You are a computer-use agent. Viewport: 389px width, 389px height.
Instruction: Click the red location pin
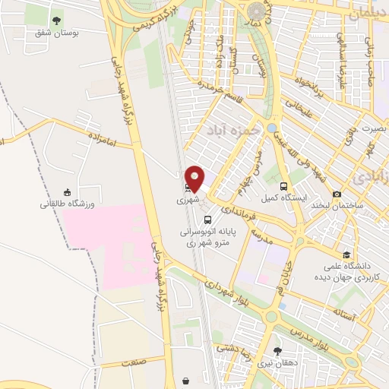(195, 178)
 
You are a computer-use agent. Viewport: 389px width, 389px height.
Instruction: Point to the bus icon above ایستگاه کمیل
(283, 186)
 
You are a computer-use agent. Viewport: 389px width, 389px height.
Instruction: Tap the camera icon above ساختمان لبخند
(337, 194)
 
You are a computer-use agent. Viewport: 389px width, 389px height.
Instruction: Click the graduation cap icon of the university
(346, 255)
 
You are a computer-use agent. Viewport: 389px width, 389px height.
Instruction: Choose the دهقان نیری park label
(275, 364)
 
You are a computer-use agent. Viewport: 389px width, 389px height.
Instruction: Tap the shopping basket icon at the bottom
(186, 380)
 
